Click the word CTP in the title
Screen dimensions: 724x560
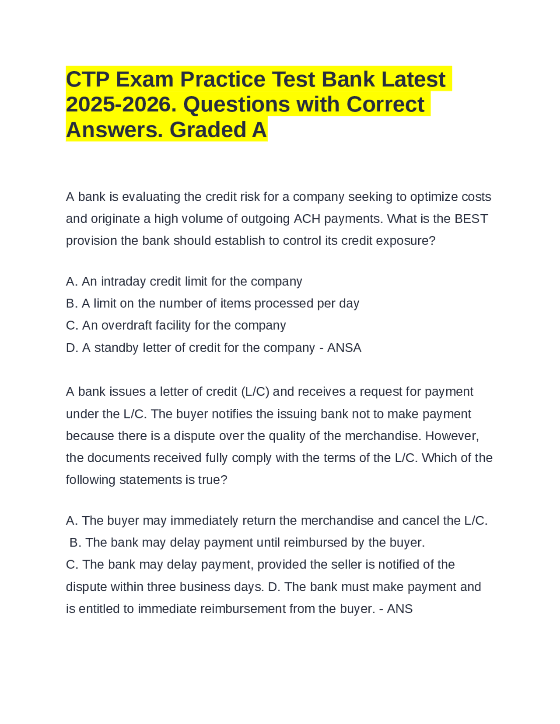[x=87, y=80]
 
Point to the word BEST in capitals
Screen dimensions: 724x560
[x=471, y=219]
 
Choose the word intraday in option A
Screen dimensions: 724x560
[x=124, y=282]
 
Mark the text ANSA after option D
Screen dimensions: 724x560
[x=344, y=348]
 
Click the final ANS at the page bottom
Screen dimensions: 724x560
[x=399, y=609]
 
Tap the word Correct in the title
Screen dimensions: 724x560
[x=385, y=105]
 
